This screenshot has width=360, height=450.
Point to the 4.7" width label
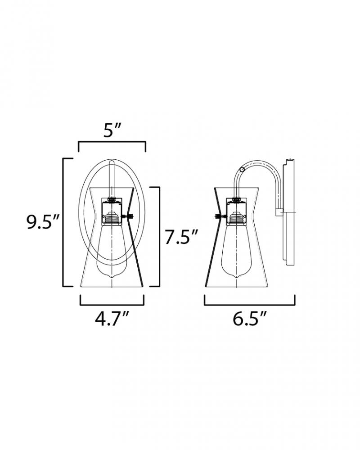pyautogui.click(x=112, y=319)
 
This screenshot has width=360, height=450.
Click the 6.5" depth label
pyautogui.click(x=249, y=319)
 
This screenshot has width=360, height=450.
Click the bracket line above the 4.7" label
pyautogui.click(x=112, y=305)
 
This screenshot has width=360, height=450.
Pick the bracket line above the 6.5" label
pyautogui.click(x=249, y=305)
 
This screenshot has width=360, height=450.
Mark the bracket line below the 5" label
pyautogui.click(x=112, y=141)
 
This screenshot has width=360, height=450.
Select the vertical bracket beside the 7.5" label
pyautogui.click(x=159, y=237)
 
